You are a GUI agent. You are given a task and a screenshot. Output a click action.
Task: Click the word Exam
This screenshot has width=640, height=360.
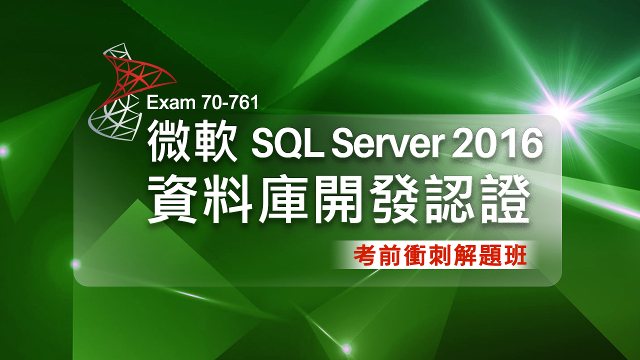pyautogui.click(x=171, y=102)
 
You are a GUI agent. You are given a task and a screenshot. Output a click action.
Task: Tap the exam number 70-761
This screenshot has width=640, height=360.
pyautogui.click(x=230, y=102)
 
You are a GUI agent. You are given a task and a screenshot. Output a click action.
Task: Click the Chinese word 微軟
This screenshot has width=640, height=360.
pyautogui.click(x=192, y=140)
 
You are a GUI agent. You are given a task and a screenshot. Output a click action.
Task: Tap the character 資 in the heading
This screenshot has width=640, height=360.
pyautogui.click(x=172, y=199)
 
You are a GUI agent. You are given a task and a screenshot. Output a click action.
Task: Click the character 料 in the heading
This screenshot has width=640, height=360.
pyautogui.click(x=227, y=199)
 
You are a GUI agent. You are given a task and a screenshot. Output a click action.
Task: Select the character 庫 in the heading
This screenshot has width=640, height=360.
pyautogui.click(x=283, y=199)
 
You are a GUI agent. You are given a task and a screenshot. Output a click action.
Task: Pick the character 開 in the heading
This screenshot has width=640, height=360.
pyautogui.click(x=338, y=199)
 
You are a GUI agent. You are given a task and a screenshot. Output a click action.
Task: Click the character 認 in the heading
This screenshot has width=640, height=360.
pyautogui.click(x=449, y=199)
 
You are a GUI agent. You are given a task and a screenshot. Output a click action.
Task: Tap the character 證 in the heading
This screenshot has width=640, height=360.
pyautogui.click(x=504, y=199)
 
